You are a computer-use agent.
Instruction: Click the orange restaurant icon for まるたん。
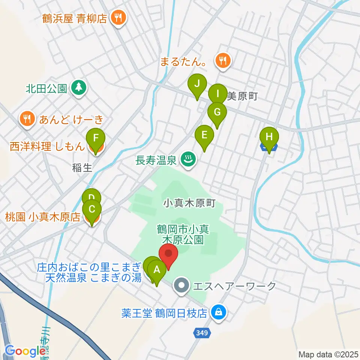click(223, 60)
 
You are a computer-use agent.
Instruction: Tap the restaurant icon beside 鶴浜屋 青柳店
click(118, 18)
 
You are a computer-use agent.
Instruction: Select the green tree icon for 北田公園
click(78, 88)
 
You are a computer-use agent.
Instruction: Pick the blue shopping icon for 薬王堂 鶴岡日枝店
click(217, 312)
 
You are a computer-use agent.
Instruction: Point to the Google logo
click(25, 351)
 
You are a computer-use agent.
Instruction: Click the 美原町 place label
click(242, 96)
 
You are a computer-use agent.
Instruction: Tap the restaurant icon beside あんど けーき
click(27, 119)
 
